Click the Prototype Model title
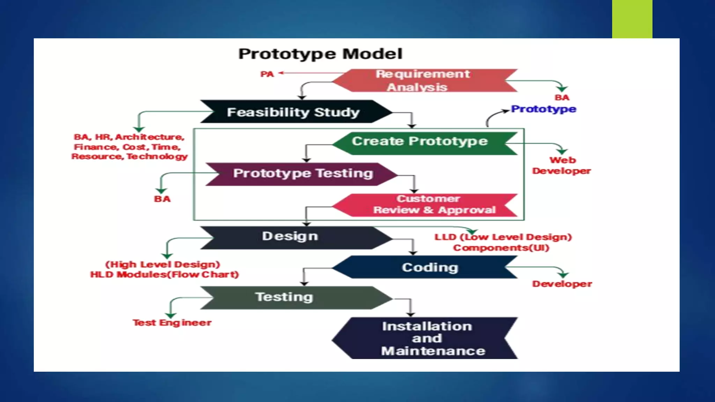pyautogui.click(x=320, y=54)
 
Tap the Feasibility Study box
pyautogui.click(x=293, y=112)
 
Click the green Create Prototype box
pyautogui.click(x=420, y=141)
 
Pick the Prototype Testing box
pyautogui.click(x=303, y=173)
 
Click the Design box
pyautogui.click(x=290, y=237)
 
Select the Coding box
pyautogui.click(x=429, y=267)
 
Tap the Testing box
pyautogui.click(x=284, y=297)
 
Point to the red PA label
pyautogui.click(x=267, y=74)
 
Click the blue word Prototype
pyautogui.click(x=543, y=109)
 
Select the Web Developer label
pyautogui.click(x=561, y=165)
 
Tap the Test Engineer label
pyautogui.click(x=172, y=323)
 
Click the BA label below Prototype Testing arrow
pyautogui.click(x=162, y=199)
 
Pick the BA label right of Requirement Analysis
pyautogui.click(x=562, y=98)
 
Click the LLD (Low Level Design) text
pyautogui.click(x=503, y=237)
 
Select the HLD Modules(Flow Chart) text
pyautogui.click(x=164, y=275)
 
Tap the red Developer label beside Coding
pyautogui.click(x=562, y=284)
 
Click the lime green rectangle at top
pyautogui.click(x=632, y=19)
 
